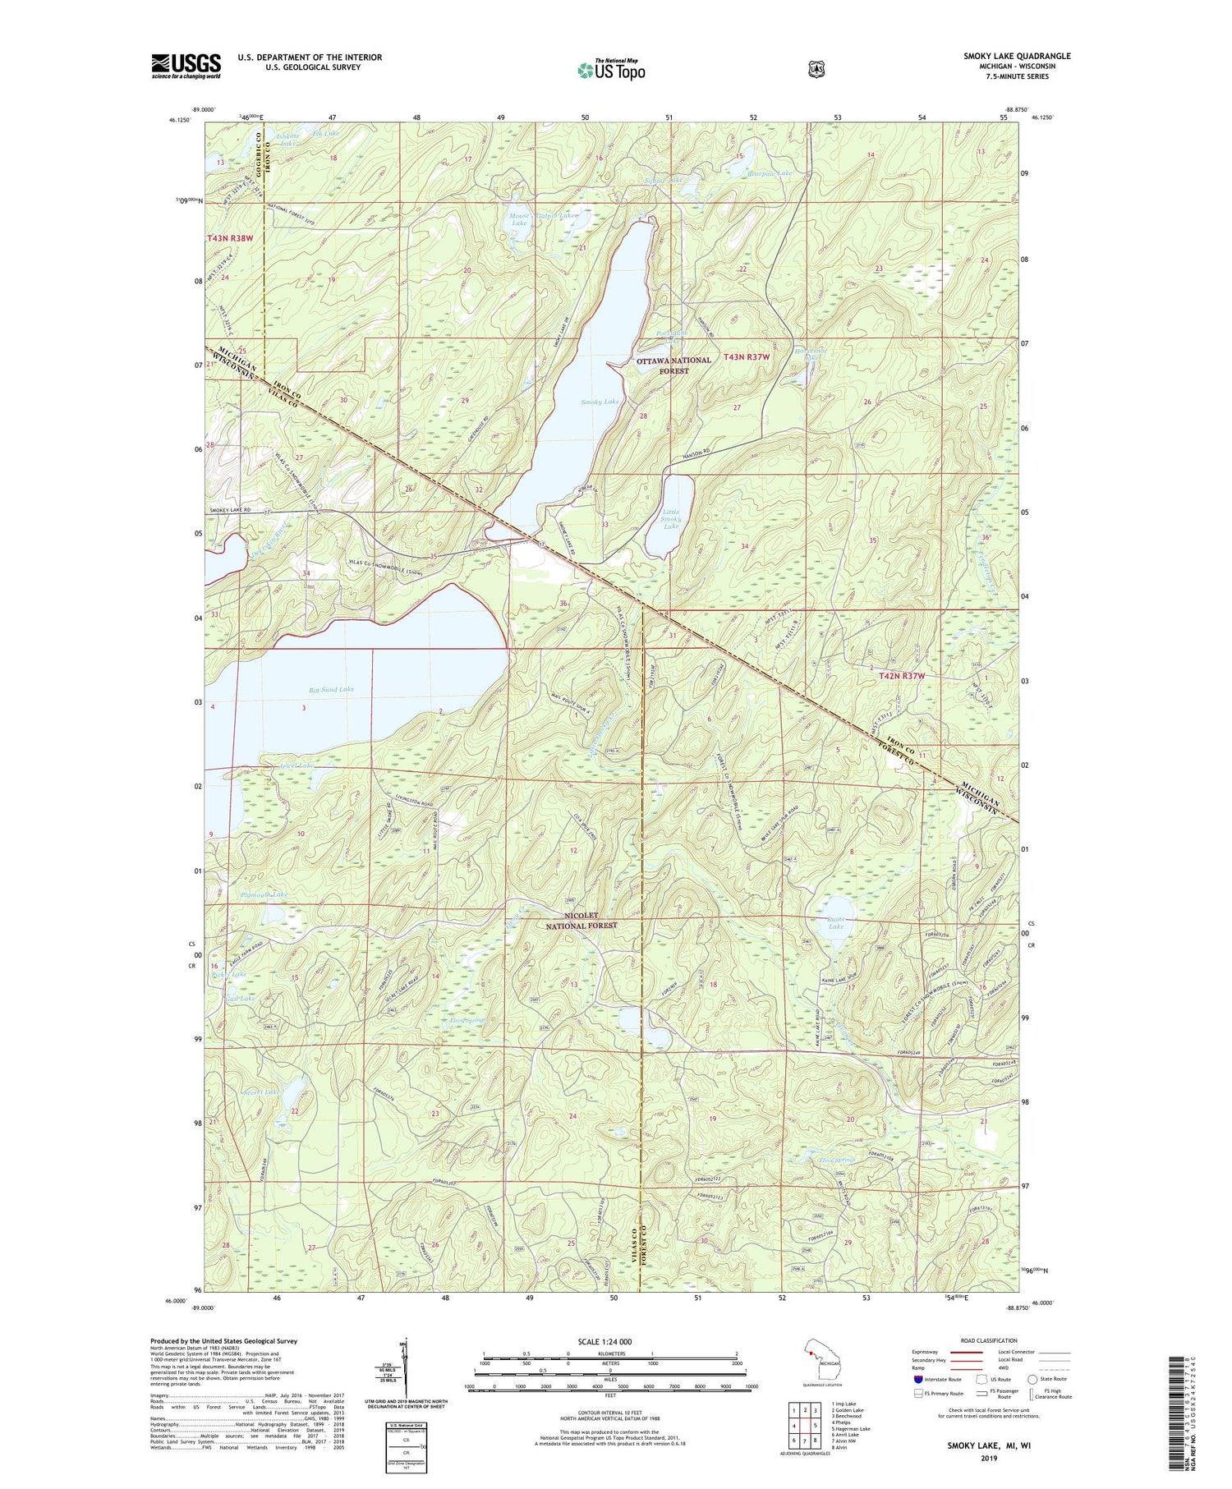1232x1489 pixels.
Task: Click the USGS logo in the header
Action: point(186,66)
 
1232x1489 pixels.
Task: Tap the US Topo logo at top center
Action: point(611,70)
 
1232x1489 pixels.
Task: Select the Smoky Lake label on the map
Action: point(600,402)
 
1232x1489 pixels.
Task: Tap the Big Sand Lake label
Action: point(331,689)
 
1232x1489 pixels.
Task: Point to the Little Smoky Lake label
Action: point(672,519)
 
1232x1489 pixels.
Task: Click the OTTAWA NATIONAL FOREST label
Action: point(673,365)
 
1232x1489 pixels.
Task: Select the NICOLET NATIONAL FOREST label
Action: point(582,920)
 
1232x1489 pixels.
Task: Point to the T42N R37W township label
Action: point(902,675)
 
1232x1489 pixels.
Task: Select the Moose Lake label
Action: point(519,218)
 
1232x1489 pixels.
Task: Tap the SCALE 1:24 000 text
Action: point(609,1341)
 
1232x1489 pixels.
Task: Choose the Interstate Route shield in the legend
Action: point(917,1379)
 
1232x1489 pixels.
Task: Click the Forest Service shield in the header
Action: point(816,70)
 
